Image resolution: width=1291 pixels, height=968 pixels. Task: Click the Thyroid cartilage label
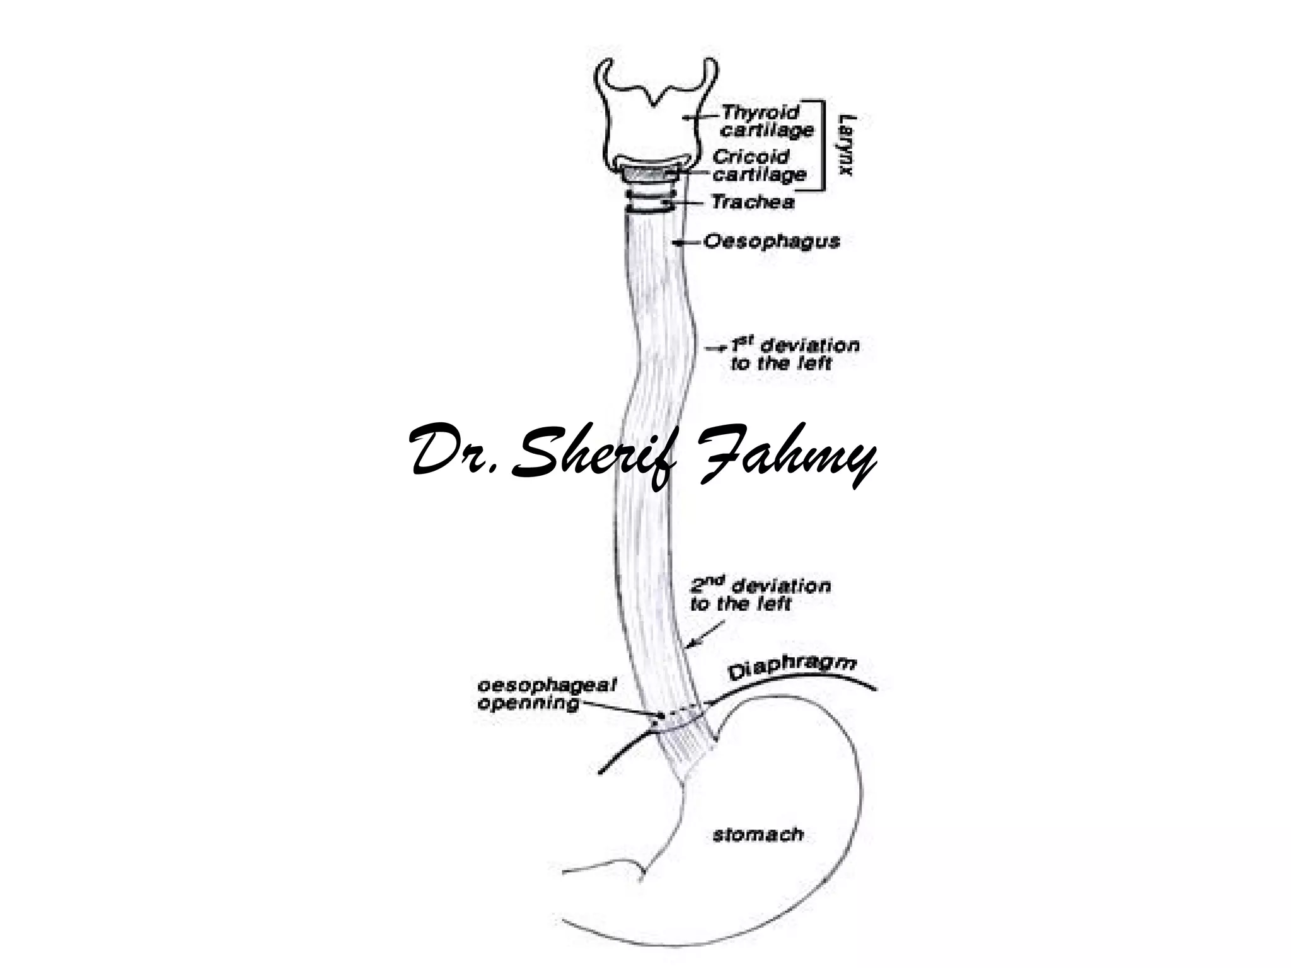767,121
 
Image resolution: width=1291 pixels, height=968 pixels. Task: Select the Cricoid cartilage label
759,165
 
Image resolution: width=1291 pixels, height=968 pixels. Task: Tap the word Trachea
753,202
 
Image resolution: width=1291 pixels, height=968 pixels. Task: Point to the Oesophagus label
772,241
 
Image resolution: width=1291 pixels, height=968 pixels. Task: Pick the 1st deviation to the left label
794,354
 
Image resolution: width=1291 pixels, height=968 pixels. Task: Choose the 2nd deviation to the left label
760,595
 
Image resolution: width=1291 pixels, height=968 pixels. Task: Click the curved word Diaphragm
792,669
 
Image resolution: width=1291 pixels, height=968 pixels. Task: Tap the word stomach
758,836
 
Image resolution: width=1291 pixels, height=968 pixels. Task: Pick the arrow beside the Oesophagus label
687,242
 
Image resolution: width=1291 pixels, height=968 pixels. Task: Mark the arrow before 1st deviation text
716,347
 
